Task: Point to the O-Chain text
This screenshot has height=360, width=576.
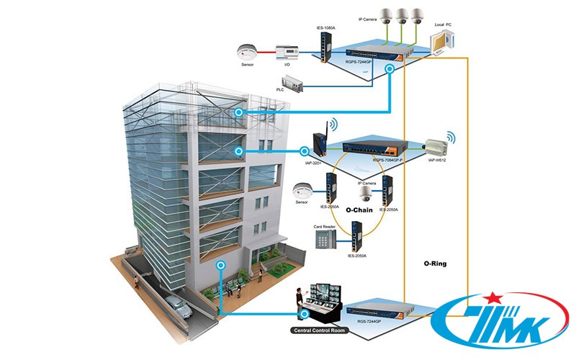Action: coord(359,210)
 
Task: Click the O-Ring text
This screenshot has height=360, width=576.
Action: coord(435,264)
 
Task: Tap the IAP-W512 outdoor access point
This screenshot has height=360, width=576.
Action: coord(438,147)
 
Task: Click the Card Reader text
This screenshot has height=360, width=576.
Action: coord(324,227)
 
